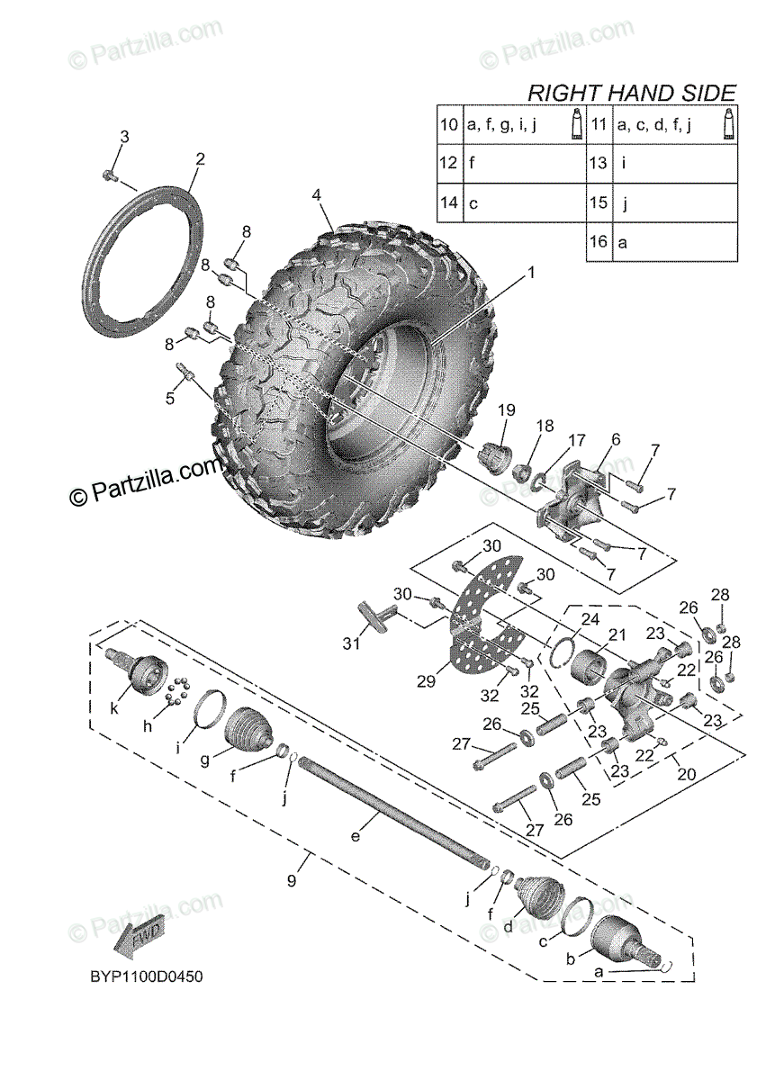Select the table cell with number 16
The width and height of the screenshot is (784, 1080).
(599, 242)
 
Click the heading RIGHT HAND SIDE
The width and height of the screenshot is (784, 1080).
(631, 92)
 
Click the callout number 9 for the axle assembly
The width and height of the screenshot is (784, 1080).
(292, 881)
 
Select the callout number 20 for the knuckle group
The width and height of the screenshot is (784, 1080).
(686, 774)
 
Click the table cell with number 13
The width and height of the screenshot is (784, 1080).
(599, 164)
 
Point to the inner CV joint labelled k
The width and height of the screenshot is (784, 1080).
(142, 673)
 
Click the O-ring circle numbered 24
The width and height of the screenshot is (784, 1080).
(561, 651)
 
